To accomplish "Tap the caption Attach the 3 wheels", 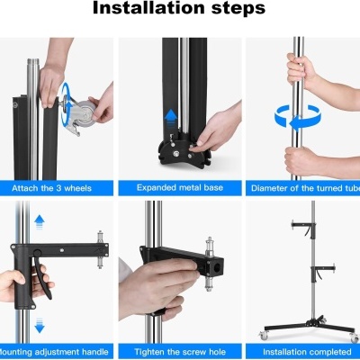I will click(58, 188).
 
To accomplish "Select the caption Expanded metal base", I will click(179, 188).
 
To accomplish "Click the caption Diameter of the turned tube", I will click(303, 188).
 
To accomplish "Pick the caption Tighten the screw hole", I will click(179, 350).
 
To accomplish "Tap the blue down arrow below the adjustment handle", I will click(38, 323).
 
